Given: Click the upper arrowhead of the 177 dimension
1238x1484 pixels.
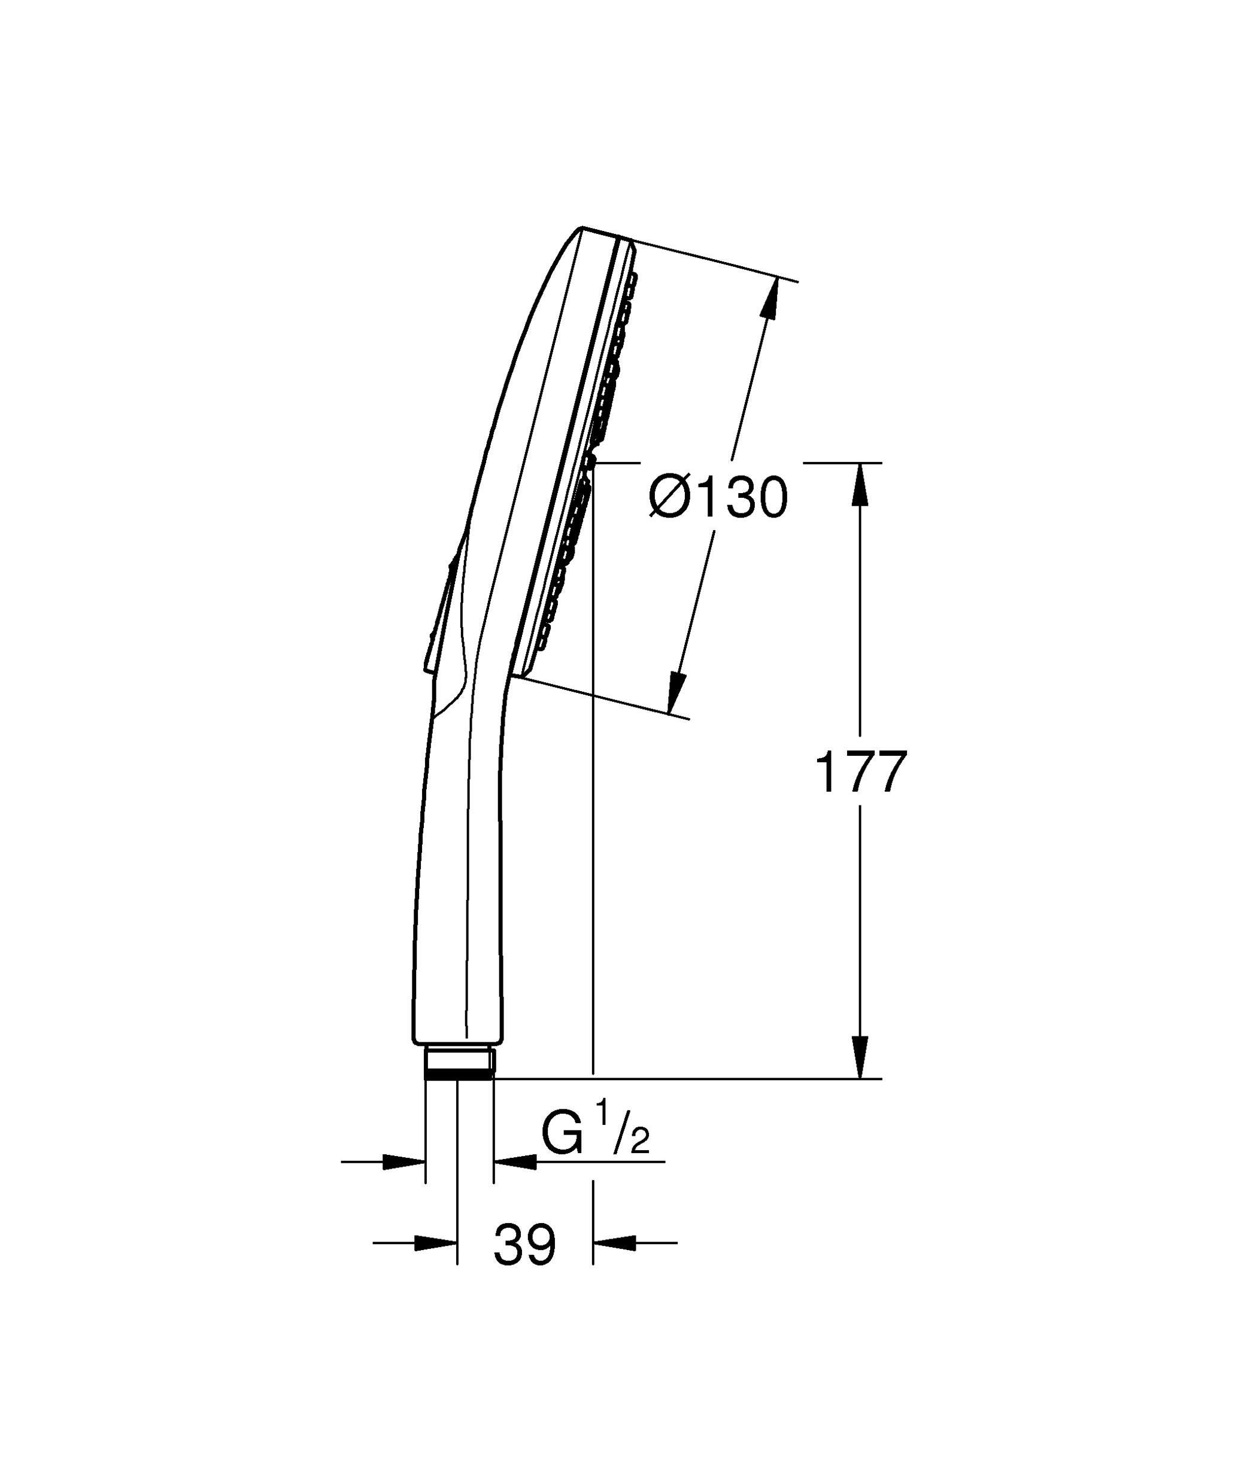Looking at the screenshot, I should pyautogui.click(x=860, y=485).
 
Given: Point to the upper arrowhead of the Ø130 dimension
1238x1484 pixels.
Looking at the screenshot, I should pyautogui.click(x=770, y=297).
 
